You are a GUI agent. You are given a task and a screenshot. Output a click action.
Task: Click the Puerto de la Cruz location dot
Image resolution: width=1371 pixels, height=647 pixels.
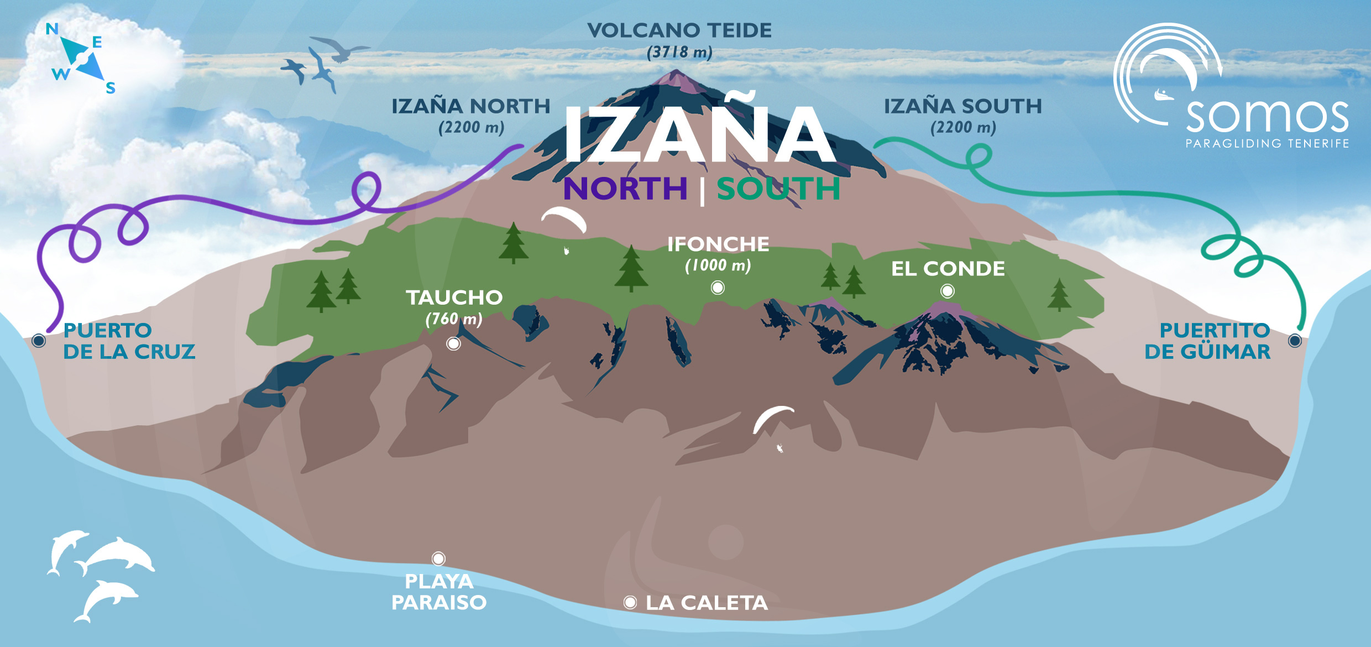coord(39,340)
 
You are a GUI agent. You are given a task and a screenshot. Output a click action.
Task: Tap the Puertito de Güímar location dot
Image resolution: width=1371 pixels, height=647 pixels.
coord(1295,340)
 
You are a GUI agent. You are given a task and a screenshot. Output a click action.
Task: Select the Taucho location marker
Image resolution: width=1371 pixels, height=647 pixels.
coord(453,343)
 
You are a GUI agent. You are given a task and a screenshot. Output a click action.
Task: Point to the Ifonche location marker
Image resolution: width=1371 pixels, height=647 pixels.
coord(718,288)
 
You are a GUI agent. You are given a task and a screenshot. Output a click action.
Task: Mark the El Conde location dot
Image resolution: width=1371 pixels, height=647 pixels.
coord(948,291)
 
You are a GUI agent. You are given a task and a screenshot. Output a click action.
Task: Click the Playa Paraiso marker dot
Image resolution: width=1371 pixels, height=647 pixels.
coord(438,559)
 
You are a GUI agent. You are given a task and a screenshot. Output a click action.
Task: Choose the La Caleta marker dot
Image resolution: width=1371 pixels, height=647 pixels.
coord(630,602)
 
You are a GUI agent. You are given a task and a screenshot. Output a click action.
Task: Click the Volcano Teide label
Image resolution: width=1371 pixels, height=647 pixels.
coord(679,31)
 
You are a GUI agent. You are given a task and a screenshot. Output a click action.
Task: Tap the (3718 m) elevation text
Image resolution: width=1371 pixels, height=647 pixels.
coord(679,53)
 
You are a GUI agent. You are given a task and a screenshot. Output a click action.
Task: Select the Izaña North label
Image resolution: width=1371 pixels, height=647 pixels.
coord(471,106)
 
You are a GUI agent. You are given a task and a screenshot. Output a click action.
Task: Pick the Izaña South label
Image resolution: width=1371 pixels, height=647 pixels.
coord(962,106)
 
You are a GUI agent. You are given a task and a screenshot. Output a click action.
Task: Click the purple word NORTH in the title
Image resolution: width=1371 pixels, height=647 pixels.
coord(625,189)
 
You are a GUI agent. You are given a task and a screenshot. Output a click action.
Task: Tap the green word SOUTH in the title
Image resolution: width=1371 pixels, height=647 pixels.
coord(778,189)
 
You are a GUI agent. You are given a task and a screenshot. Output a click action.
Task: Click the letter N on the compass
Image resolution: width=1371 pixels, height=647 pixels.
coord(52,29)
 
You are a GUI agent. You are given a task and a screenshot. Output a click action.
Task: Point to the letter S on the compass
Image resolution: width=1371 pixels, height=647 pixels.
coord(111,88)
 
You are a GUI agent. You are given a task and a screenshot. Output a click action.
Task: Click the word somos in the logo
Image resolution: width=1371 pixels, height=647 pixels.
coord(1267,116)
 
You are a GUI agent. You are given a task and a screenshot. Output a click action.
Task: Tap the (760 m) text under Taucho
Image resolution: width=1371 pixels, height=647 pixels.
coord(454,319)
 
